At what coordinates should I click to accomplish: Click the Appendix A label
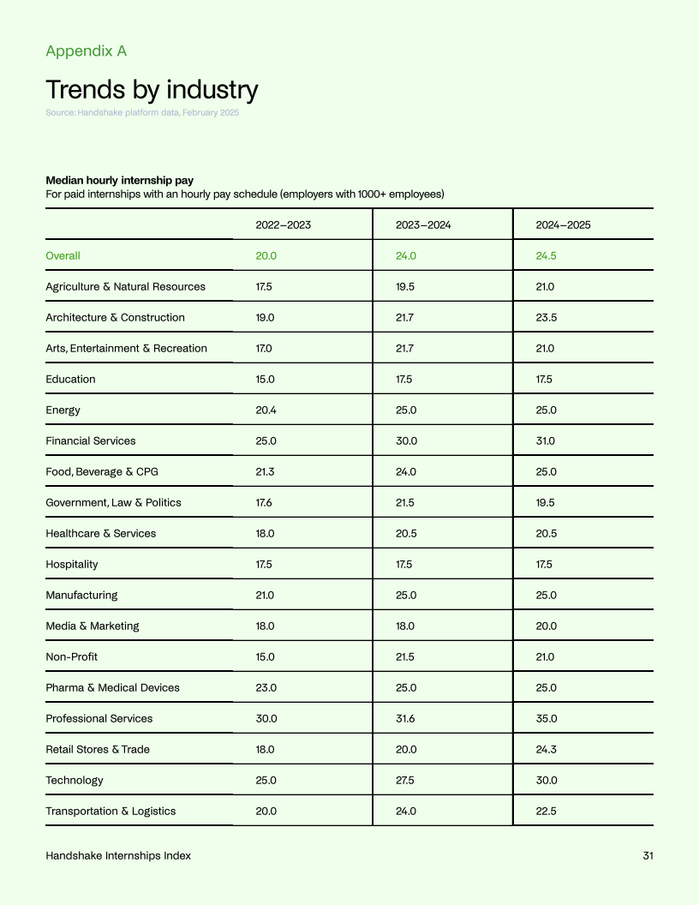(86, 51)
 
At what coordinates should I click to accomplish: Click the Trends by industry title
(152, 90)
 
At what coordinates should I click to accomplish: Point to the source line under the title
(142, 113)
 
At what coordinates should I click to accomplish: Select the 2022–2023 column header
(283, 225)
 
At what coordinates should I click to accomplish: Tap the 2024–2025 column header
(563, 225)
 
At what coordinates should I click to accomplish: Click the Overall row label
(63, 256)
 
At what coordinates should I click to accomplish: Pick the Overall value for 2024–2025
(547, 256)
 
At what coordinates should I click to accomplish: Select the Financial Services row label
(90, 441)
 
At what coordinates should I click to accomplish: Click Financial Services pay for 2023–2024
(406, 441)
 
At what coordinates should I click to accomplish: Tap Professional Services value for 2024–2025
(547, 719)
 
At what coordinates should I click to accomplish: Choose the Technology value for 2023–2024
(406, 781)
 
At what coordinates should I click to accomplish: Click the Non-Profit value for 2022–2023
(266, 657)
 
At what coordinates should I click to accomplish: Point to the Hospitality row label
(72, 565)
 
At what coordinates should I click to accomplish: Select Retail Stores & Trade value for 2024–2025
(547, 750)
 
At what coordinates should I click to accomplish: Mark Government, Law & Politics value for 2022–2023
(265, 503)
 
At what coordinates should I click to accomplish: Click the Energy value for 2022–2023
(266, 411)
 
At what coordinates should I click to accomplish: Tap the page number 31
(648, 856)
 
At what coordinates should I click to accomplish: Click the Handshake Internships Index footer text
(118, 856)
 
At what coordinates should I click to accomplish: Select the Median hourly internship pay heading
(119, 181)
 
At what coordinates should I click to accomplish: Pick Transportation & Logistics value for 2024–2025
(547, 812)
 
